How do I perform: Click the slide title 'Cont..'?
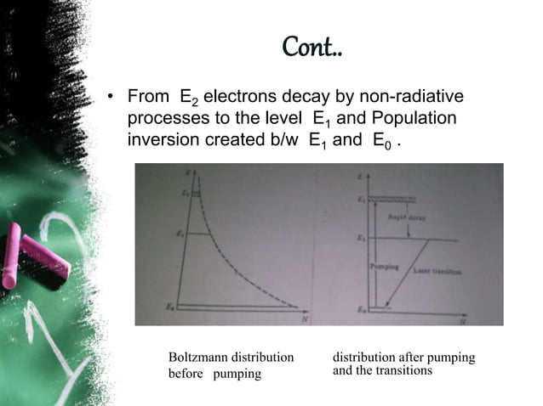312,49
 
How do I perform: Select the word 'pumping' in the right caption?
451,358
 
